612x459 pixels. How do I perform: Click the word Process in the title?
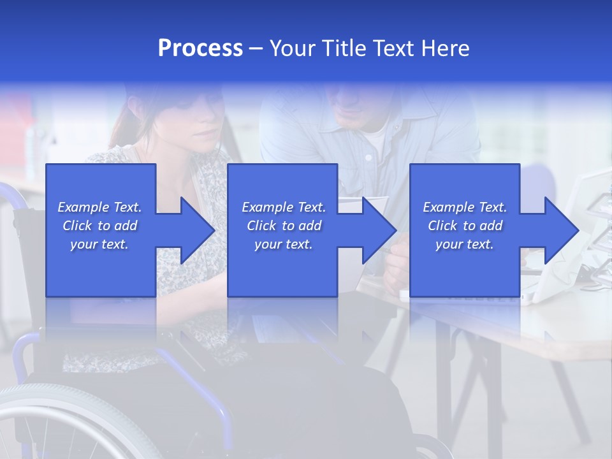200,48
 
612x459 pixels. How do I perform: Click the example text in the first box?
100,226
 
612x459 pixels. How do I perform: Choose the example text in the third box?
465,226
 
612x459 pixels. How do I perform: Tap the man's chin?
357,118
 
